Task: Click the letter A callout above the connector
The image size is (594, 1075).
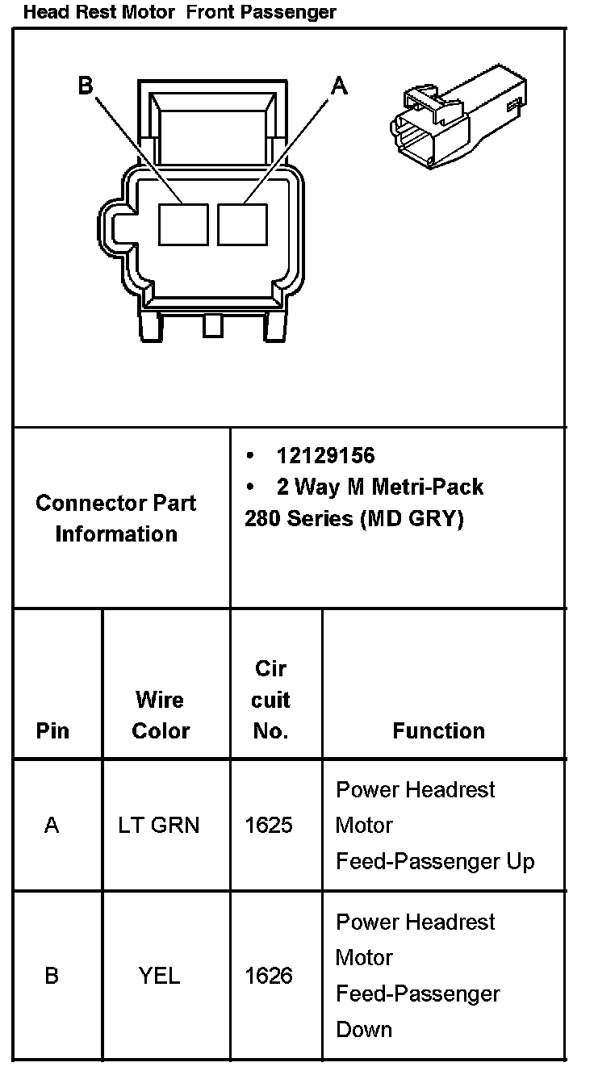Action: pyautogui.click(x=340, y=85)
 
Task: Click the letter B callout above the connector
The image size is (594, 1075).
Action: pyautogui.click(x=86, y=85)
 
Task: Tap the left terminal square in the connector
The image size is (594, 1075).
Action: pyautogui.click(x=183, y=224)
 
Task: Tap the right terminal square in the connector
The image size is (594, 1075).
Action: pyautogui.click(x=242, y=224)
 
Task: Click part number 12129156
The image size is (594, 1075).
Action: pyautogui.click(x=325, y=456)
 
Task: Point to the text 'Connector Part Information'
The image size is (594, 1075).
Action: pyautogui.click(x=116, y=518)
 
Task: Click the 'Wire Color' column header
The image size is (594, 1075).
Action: pyautogui.click(x=160, y=715)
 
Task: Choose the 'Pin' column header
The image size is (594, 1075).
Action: pyautogui.click(x=52, y=731)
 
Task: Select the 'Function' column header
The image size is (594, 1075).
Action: pyautogui.click(x=438, y=731)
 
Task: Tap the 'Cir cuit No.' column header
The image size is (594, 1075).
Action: pyautogui.click(x=270, y=700)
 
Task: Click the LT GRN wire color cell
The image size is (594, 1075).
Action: pyautogui.click(x=158, y=826)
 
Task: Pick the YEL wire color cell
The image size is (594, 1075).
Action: pyautogui.click(x=159, y=977)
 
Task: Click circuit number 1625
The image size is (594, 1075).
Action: pyautogui.click(x=269, y=826)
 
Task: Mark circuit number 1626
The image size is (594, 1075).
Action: pyautogui.click(x=269, y=977)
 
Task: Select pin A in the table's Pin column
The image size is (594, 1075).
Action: pyautogui.click(x=52, y=826)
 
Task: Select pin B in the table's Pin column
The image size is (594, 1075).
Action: pyautogui.click(x=52, y=977)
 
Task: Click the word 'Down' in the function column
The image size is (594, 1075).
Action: pyautogui.click(x=364, y=1030)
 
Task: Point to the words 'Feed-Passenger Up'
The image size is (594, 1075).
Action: pyautogui.click(x=435, y=862)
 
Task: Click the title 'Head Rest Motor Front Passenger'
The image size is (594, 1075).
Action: pyautogui.click(x=179, y=12)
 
